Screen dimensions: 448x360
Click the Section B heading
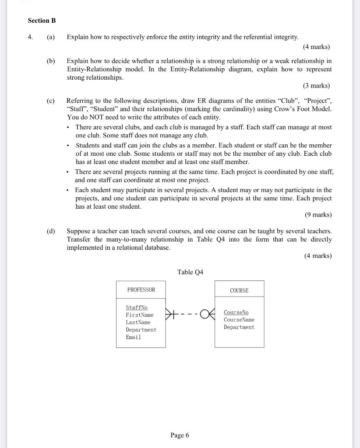pos(42,21)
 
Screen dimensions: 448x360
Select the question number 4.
pos(30,37)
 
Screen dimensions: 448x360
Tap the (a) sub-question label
pos(51,37)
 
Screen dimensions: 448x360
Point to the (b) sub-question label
pos(51,61)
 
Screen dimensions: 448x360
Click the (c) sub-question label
pos(51,101)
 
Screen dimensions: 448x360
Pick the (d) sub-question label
pos(51,231)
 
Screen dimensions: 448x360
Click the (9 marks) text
pos(318,215)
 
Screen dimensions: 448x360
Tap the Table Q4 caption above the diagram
pos(190,272)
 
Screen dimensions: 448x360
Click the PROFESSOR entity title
pos(141,290)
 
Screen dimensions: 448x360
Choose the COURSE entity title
pos(239,290)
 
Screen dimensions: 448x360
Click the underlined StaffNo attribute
pos(137,308)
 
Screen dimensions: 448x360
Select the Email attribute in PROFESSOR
pos(134,337)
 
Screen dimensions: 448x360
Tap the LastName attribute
pos(138,322)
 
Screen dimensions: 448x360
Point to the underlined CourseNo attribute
pos(236,312)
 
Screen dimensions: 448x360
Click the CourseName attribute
pos(239,320)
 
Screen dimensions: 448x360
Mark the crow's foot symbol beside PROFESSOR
pos(171,314)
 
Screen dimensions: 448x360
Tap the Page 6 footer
pos(180,435)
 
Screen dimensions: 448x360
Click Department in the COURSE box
pos(239,327)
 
